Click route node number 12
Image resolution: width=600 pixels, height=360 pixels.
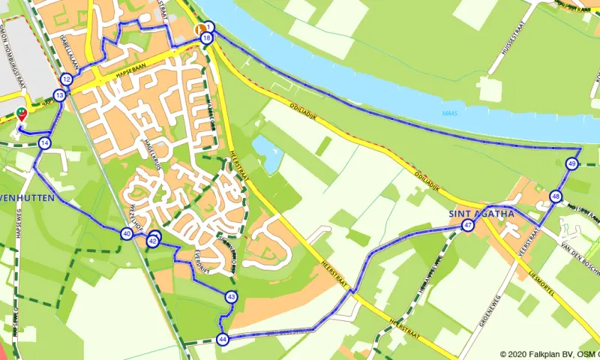[x=66, y=79]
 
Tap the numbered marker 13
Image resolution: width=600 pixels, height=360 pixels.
[x=59, y=95]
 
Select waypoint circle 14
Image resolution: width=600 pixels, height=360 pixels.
[x=45, y=142]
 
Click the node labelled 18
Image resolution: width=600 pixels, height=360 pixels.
[x=206, y=37]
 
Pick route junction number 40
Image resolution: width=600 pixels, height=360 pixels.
[x=127, y=234]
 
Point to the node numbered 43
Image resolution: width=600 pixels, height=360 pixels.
[x=231, y=298]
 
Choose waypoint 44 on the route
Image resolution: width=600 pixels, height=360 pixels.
[x=223, y=339]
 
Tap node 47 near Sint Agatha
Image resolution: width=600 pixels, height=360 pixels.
[x=468, y=225]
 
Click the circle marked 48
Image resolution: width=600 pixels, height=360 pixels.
[x=555, y=196]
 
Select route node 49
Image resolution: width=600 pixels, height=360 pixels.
[x=571, y=164]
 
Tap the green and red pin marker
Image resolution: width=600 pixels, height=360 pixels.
[x=21, y=114]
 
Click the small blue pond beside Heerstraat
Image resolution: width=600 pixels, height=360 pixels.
[x=267, y=153]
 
